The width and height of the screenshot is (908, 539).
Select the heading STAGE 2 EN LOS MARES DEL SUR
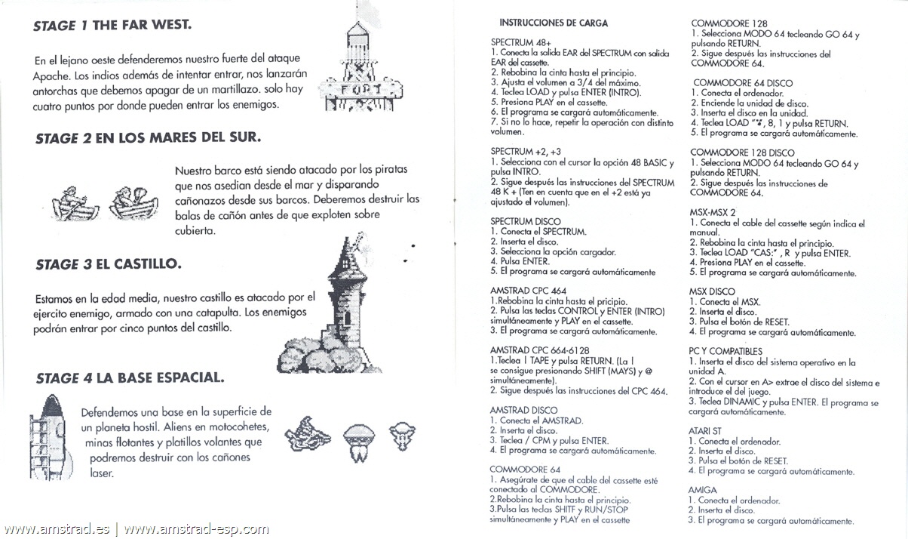click(148, 138)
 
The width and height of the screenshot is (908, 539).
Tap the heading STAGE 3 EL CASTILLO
click(107, 265)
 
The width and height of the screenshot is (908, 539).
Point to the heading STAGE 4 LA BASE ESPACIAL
click(130, 377)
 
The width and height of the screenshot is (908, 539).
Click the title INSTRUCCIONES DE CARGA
click(553, 23)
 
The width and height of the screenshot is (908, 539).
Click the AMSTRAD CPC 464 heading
click(528, 290)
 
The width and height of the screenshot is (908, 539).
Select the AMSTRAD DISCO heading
click(523, 410)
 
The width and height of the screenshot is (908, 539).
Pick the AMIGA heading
click(703, 490)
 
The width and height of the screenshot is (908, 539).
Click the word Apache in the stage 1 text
click(52, 76)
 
